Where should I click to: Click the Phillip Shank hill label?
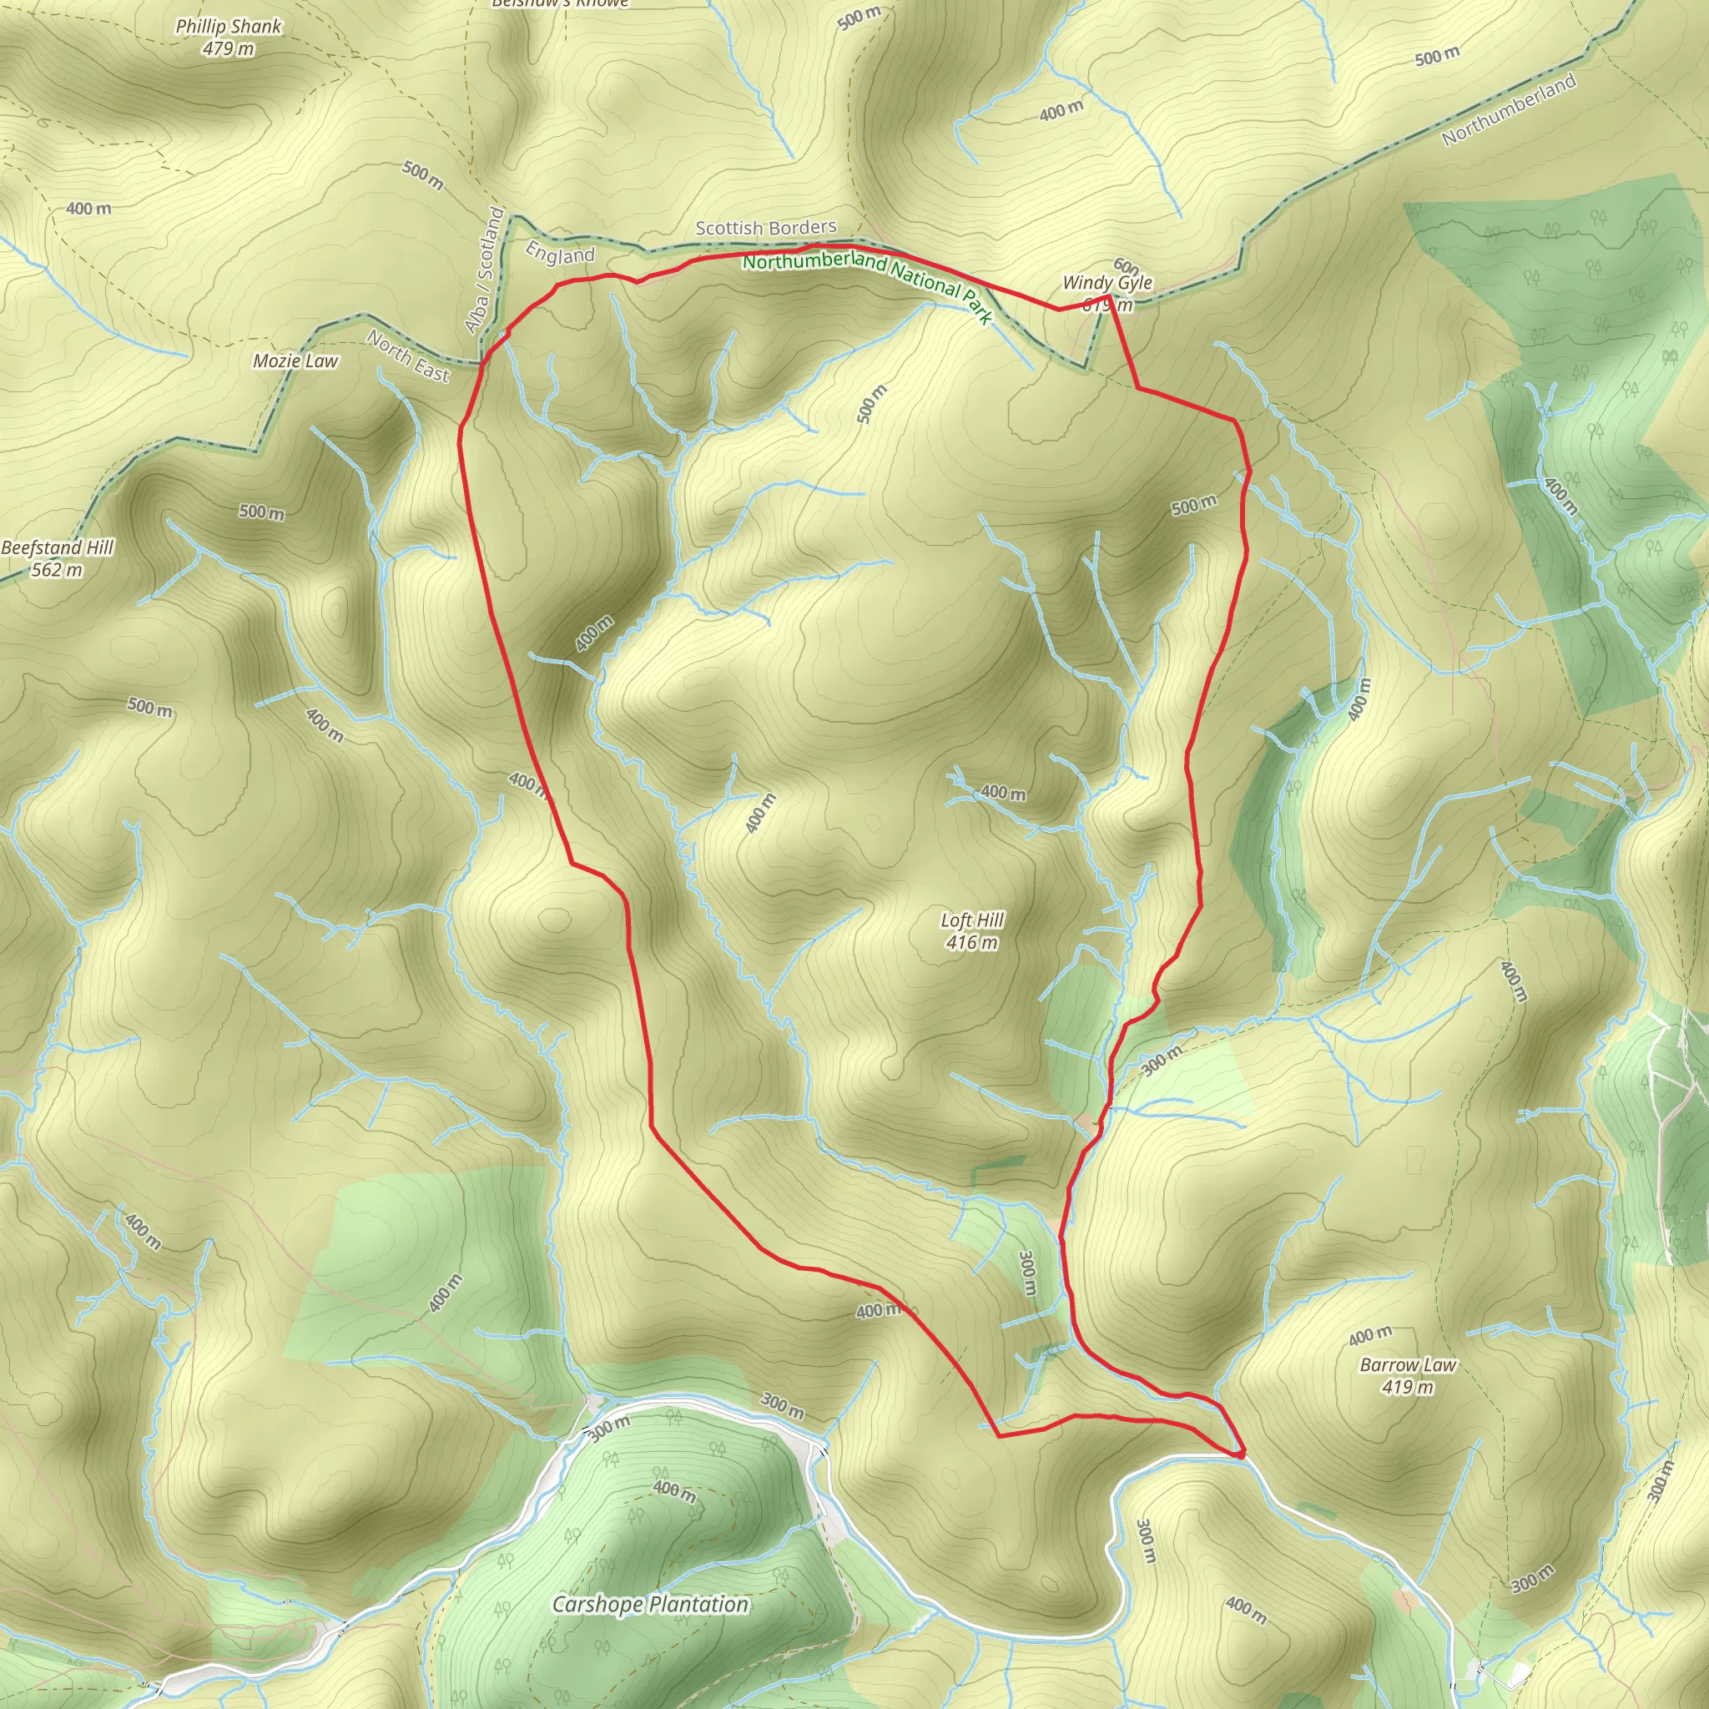(x=228, y=27)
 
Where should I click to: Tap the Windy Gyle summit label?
(x=1107, y=282)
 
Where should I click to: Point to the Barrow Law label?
(x=1408, y=1365)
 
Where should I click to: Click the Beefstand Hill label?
(x=58, y=547)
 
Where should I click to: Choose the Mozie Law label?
(x=295, y=360)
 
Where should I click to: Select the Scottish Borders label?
(x=765, y=228)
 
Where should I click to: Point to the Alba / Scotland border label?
(x=485, y=270)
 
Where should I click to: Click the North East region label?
(x=409, y=355)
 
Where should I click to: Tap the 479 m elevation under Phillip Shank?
(x=228, y=48)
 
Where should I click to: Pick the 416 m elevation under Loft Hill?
(x=971, y=943)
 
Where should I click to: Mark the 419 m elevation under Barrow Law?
(x=1408, y=1387)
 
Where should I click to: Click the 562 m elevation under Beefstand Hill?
(x=58, y=570)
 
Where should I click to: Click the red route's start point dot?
(x=1240, y=1454)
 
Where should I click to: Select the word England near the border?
(x=560, y=254)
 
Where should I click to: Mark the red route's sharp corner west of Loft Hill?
(x=572, y=863)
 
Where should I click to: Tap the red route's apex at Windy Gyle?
(x=1109, y=295)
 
